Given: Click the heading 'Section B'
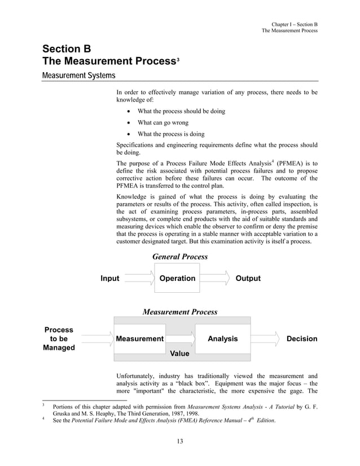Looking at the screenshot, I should tap(67, 49).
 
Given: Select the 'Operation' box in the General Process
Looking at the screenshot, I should tap(177, 278).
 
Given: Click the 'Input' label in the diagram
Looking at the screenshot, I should tap(110, 278).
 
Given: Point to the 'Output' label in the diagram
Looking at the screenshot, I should tap(248, 278).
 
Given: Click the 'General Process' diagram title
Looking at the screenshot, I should tap(180, 257).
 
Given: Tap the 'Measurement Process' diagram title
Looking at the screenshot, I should tap(179, 311).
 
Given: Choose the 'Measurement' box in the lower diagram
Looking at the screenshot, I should tap(139, 338).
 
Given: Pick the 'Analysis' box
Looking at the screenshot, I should tap(222, 338).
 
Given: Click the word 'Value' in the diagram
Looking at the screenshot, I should tap(179, 354).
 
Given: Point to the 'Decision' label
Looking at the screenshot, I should tap(302, 338).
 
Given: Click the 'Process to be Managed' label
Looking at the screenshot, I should tap(59, 338).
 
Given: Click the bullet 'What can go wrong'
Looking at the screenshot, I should tap(163, 122).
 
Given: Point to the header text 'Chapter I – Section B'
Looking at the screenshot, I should tap(295, 24).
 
